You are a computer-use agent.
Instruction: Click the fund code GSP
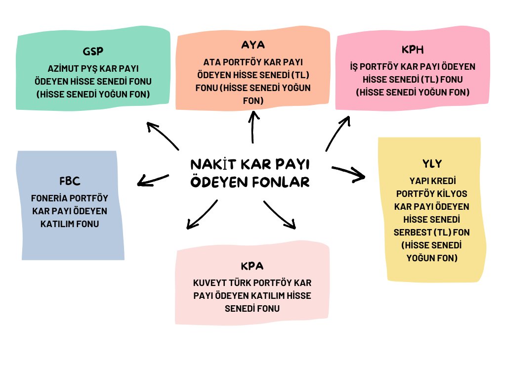(x=93, y=52)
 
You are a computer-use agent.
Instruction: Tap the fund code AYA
(x=253, y=45)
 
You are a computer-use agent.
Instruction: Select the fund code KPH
(x=413, y=50)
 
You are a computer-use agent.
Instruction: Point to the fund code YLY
(x=432, y=163)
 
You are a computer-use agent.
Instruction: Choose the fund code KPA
(x=252, y=266)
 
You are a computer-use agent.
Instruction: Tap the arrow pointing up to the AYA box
(x=253, y=127)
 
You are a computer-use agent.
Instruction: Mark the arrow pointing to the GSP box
(x=163, y=135)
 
